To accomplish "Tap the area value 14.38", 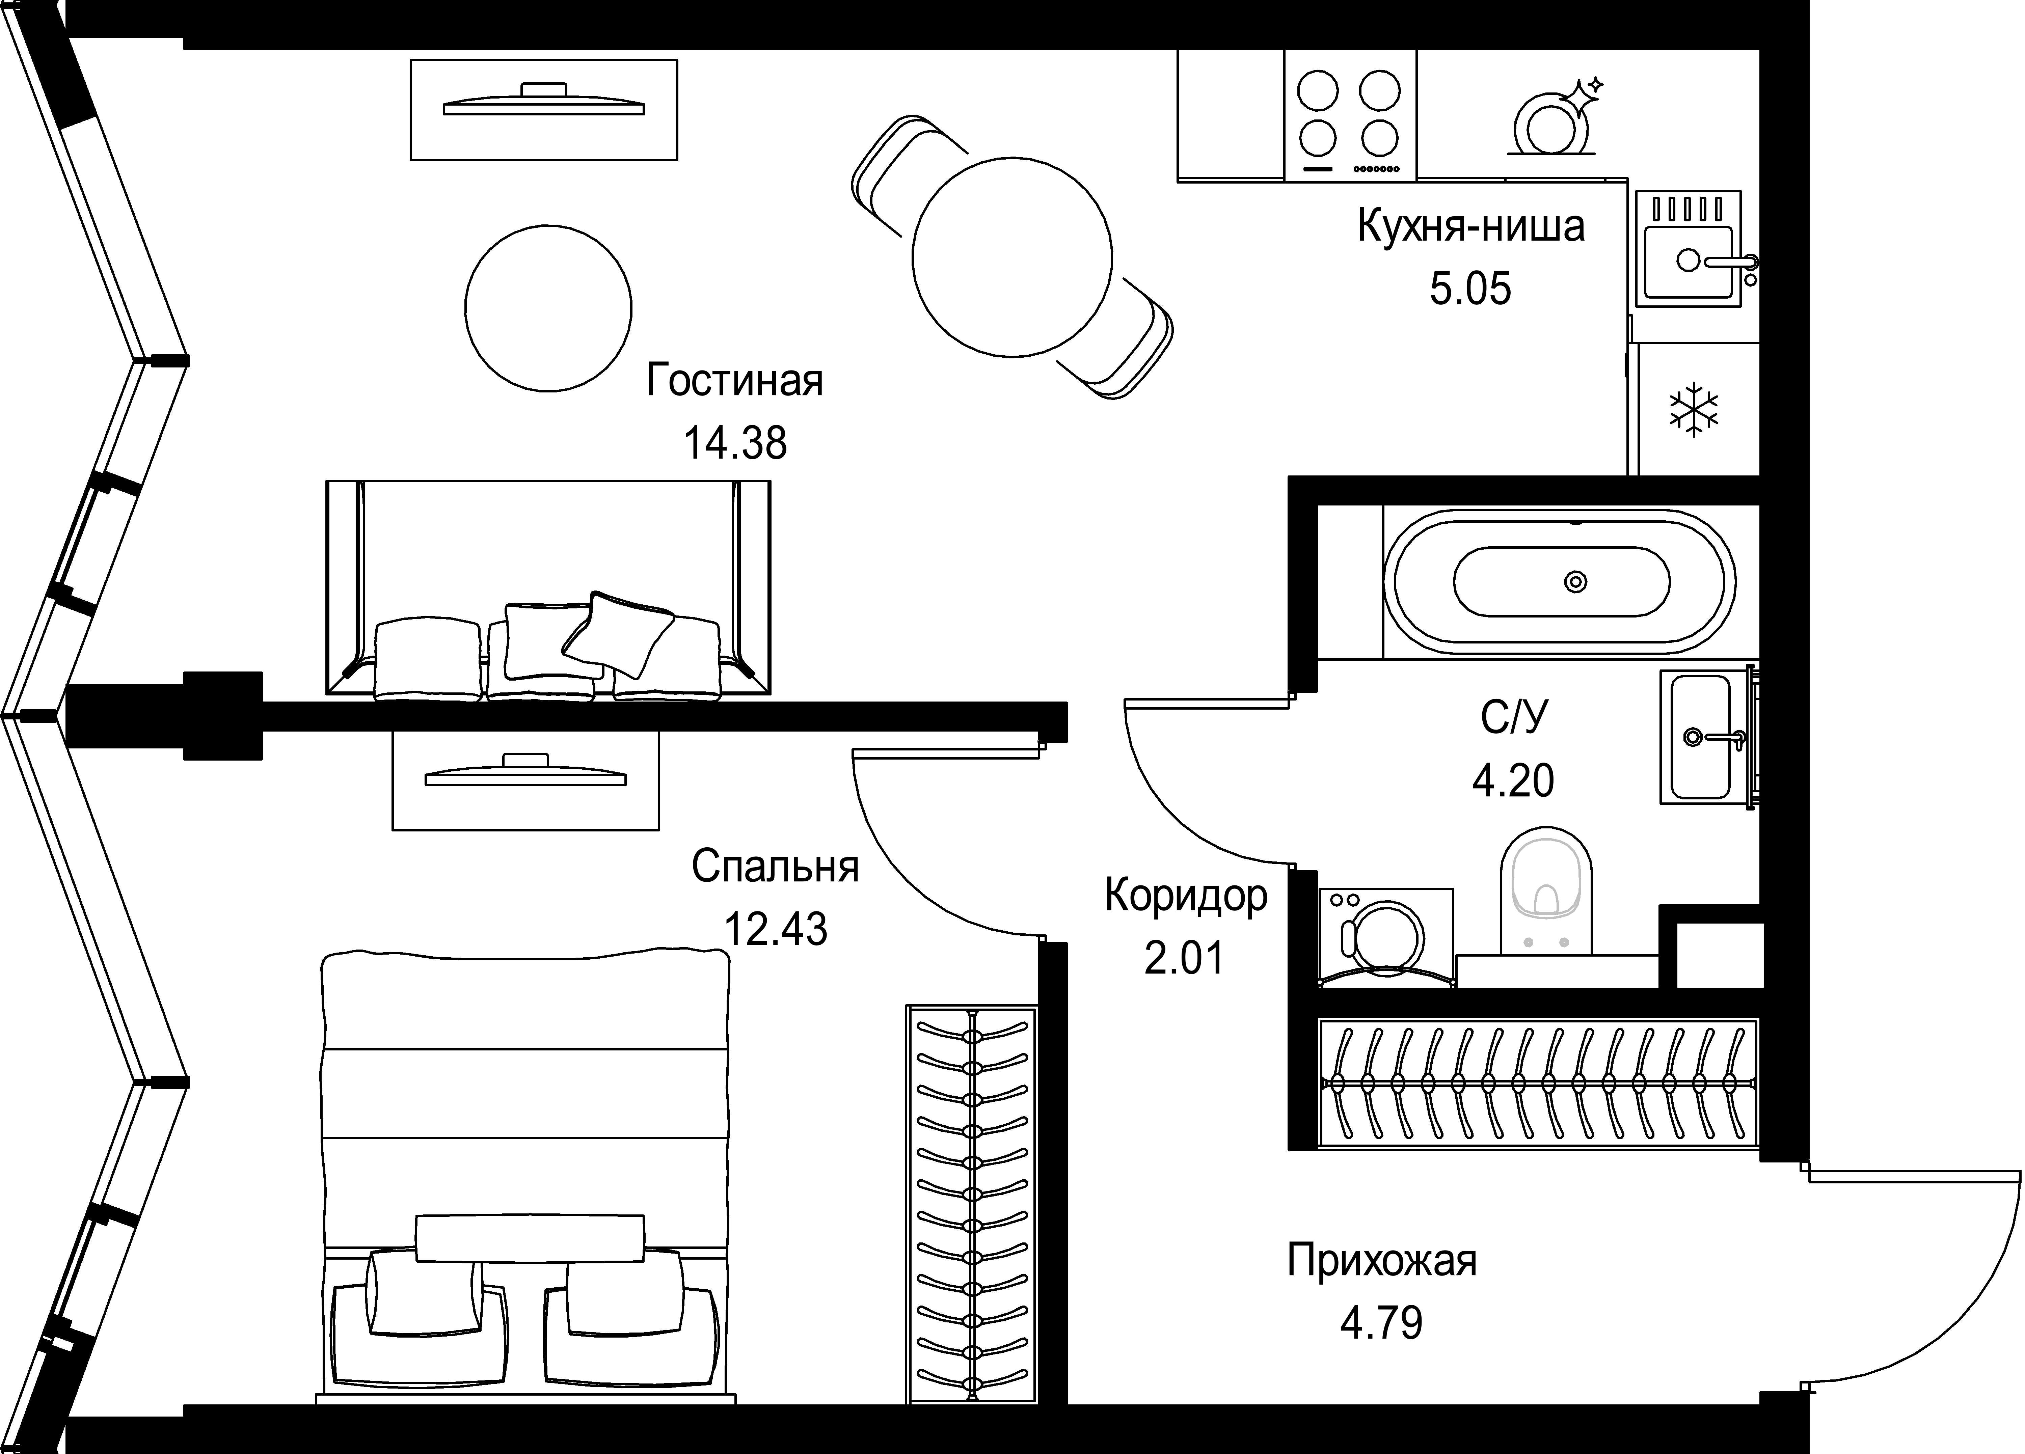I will click(734, 443).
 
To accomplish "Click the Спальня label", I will click(775, 867).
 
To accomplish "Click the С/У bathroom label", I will click(1512, 717).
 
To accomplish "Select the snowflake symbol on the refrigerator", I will click(1694, 411).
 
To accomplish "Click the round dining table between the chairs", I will click(1011, 256).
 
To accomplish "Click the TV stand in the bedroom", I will click(525, 778).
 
